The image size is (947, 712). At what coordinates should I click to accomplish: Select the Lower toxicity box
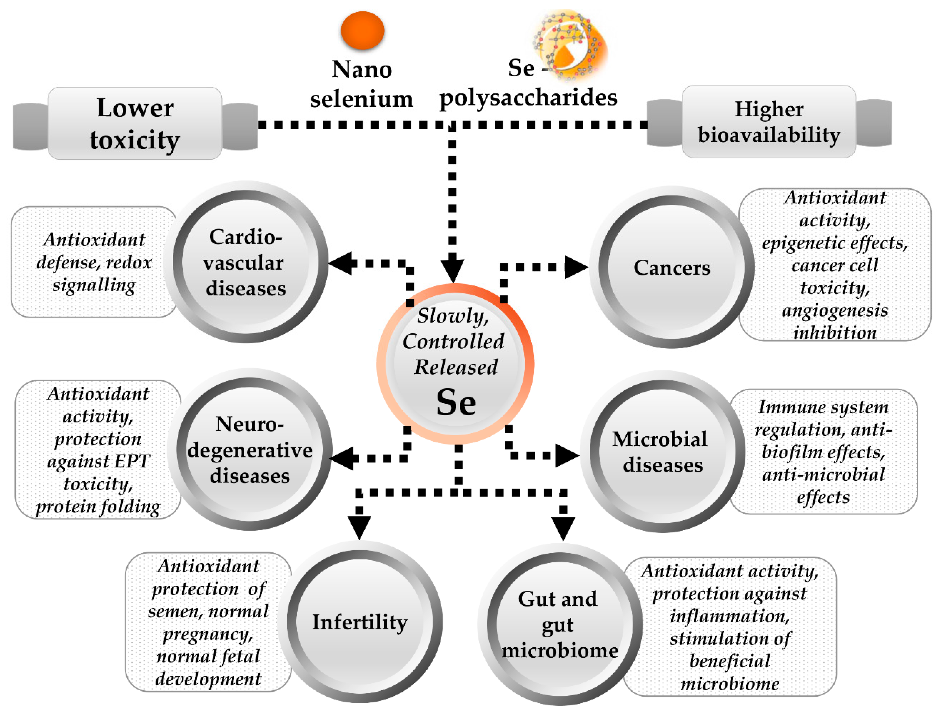135,123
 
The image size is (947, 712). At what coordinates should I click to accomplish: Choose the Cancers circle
671,267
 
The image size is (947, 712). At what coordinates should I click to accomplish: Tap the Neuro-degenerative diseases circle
250,449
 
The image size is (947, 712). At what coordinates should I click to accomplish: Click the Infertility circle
359,622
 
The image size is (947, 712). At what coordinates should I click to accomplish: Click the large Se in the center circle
456,402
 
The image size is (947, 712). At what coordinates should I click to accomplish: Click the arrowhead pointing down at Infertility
359,526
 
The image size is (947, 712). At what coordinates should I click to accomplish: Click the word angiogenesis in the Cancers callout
835,310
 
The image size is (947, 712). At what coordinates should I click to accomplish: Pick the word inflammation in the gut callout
729,616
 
